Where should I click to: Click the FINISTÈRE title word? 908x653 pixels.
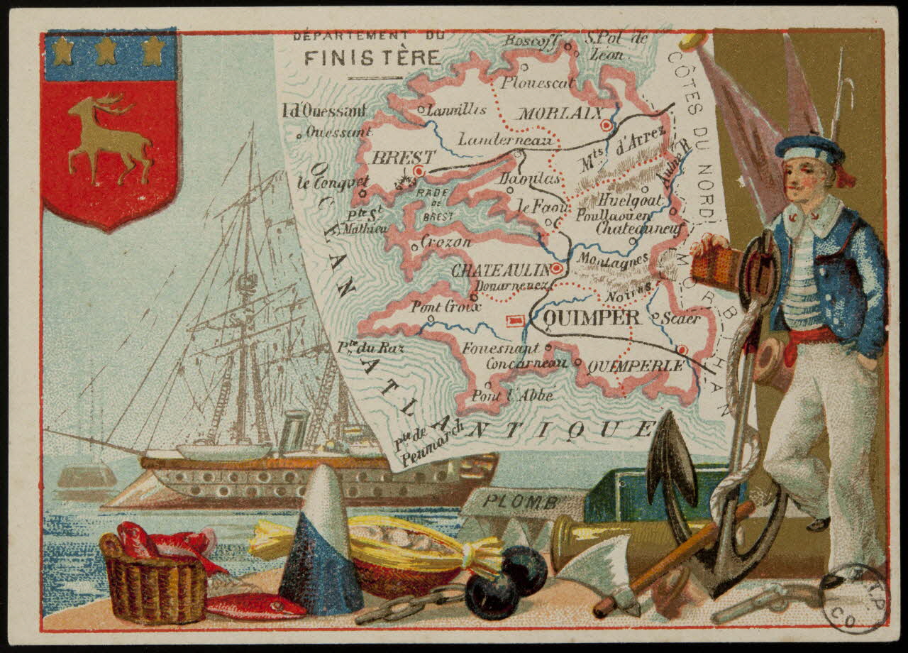click(372, 57)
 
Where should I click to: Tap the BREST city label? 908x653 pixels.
click(393, 157)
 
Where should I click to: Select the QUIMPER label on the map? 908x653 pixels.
click(592, 317)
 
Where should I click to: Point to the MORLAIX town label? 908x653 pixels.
click(560, 114)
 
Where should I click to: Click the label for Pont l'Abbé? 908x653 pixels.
click(512, 396)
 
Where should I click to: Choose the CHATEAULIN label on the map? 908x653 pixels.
click(501, 270)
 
